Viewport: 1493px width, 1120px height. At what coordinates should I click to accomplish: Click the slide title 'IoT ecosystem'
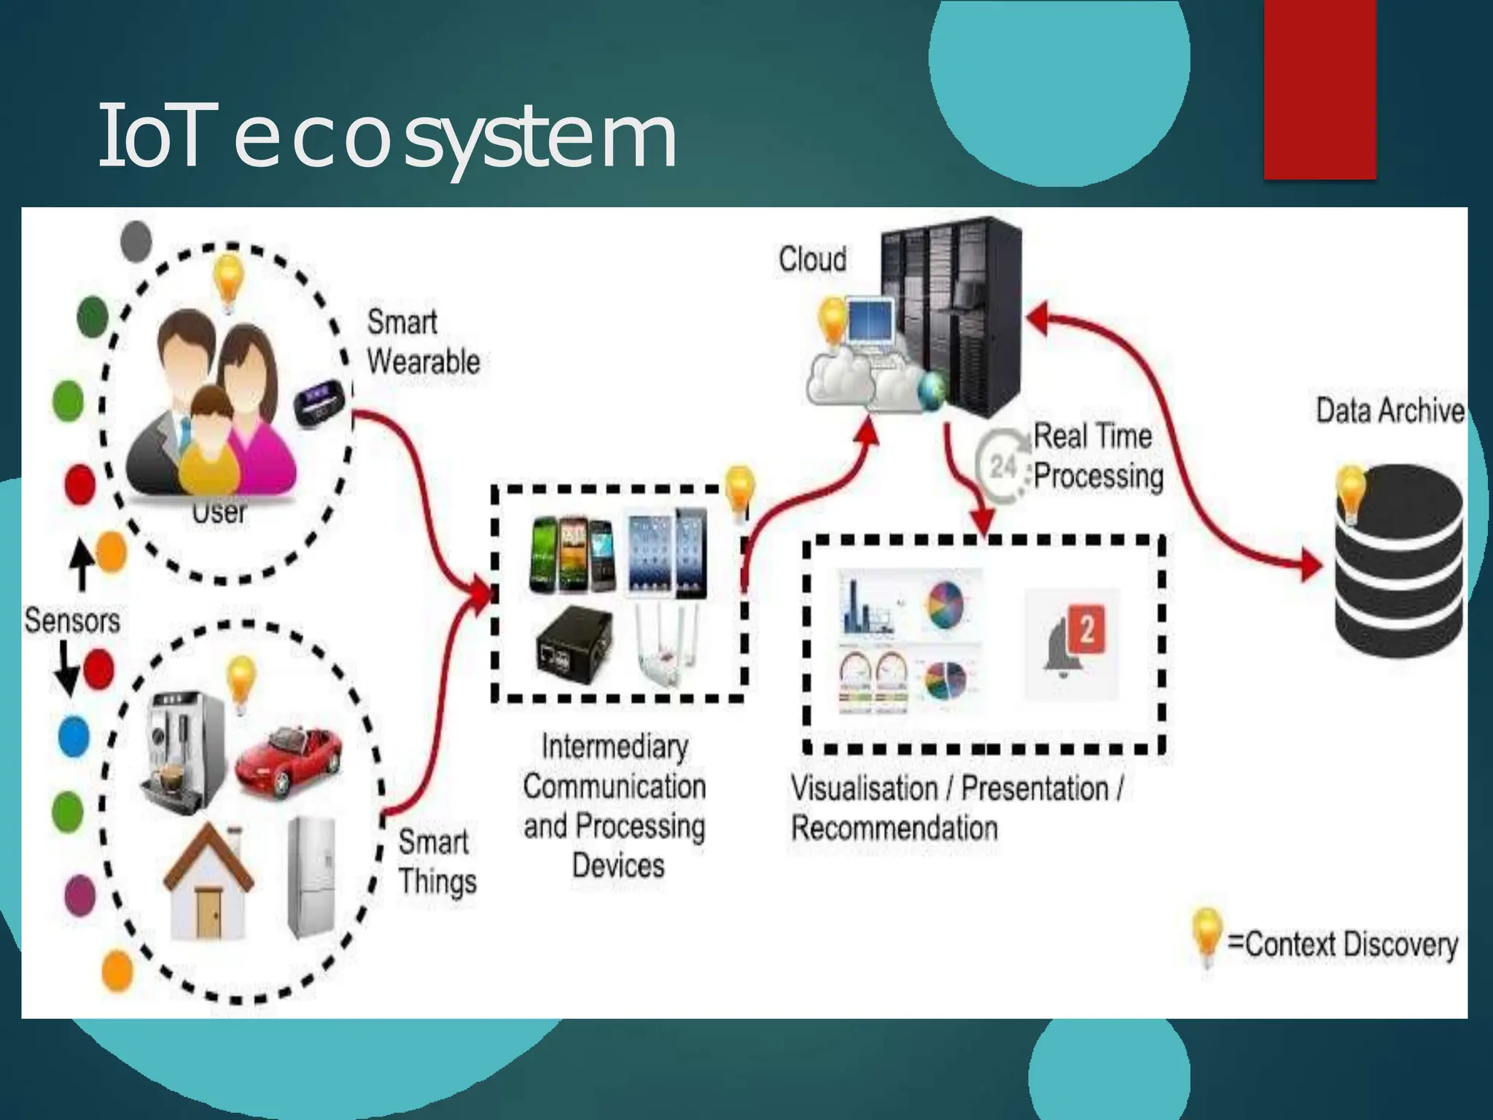(x=386, y=137)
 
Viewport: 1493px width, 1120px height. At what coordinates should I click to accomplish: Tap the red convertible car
(x=289, y=758)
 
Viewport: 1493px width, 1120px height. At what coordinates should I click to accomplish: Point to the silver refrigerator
(x=312, y=878)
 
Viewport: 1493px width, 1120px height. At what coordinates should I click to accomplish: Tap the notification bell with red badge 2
(x=1072, y=642)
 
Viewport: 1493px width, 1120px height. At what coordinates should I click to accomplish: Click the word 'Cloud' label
(x=812, y=260)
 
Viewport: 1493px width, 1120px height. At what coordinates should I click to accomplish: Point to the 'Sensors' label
(x=71, y=621)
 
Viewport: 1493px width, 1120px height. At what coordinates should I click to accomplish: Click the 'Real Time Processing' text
(x=1098, y=456)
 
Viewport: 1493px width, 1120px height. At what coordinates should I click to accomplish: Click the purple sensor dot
(x=80, y=895)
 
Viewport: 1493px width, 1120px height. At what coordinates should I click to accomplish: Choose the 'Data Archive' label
(x=1389, y=411)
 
